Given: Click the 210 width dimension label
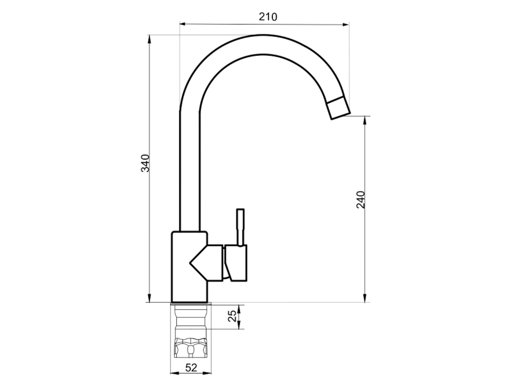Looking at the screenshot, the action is (x=268, y=17).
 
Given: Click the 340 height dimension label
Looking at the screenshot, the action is (x=145, y=163).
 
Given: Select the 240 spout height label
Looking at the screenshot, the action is (x=361, y=200).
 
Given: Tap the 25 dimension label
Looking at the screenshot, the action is (x=232, y=316).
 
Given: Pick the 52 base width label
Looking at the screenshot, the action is (x=191, y=368).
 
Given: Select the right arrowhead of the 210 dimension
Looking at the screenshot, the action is (x=346, y=24).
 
